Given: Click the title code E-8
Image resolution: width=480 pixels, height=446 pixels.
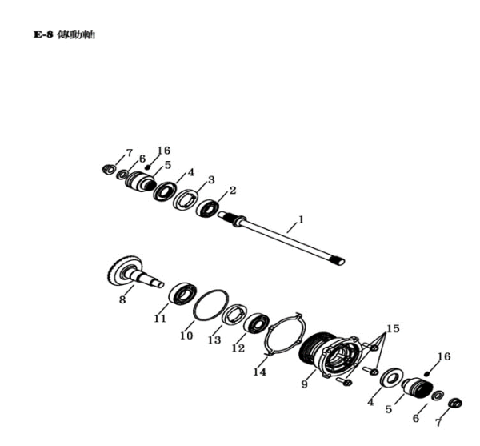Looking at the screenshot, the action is (43, 34).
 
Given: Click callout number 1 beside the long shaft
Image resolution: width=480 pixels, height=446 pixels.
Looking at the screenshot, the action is (301, 219).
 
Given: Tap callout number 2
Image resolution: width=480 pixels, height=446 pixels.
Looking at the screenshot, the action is (233, 191).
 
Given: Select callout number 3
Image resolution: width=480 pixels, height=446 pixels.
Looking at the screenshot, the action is (211, 180).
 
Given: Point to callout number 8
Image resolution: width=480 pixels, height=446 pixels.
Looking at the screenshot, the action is (122, 299).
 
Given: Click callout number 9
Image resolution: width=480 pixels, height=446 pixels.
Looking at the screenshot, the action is (304, 384).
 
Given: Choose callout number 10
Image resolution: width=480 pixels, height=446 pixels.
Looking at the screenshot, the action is (186, 336).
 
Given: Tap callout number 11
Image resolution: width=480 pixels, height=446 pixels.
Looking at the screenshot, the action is (159, 319).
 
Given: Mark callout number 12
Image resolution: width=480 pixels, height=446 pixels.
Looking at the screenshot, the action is (238, 348).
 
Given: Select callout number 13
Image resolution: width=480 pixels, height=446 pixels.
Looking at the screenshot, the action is (214, 340).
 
